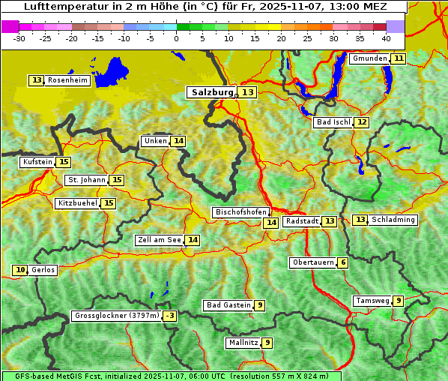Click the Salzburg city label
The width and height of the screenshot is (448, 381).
(x=211, y=92)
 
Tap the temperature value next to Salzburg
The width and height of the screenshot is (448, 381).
(x=247, y=92)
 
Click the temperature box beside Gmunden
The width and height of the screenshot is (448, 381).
(x=399, y=58)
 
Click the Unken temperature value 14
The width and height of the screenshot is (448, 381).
(x=178, y=141)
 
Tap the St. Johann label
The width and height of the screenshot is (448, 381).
(x=85, y=180)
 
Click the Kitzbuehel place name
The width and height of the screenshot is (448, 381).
(x=77, y=203)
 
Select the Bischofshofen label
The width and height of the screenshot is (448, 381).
(x=240, y=212)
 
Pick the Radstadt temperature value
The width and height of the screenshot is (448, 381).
(x=330, y=221)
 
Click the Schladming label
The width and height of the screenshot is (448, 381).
(x=393, y=220)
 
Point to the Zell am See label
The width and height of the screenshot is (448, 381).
(x=160, y=240)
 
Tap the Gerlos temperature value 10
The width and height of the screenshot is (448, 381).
(x=20, y=270)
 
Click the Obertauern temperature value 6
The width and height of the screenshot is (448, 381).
(x=342, y=262)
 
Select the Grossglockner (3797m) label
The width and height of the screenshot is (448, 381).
(x=117, y=316)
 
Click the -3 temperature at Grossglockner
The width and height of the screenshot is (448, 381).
(x=170, y=316)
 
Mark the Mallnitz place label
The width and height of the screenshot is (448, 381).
(x=243, y=343)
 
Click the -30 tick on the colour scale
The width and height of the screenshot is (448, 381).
(x=19, y=37)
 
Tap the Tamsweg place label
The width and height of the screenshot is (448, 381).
(x=372, y=301)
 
